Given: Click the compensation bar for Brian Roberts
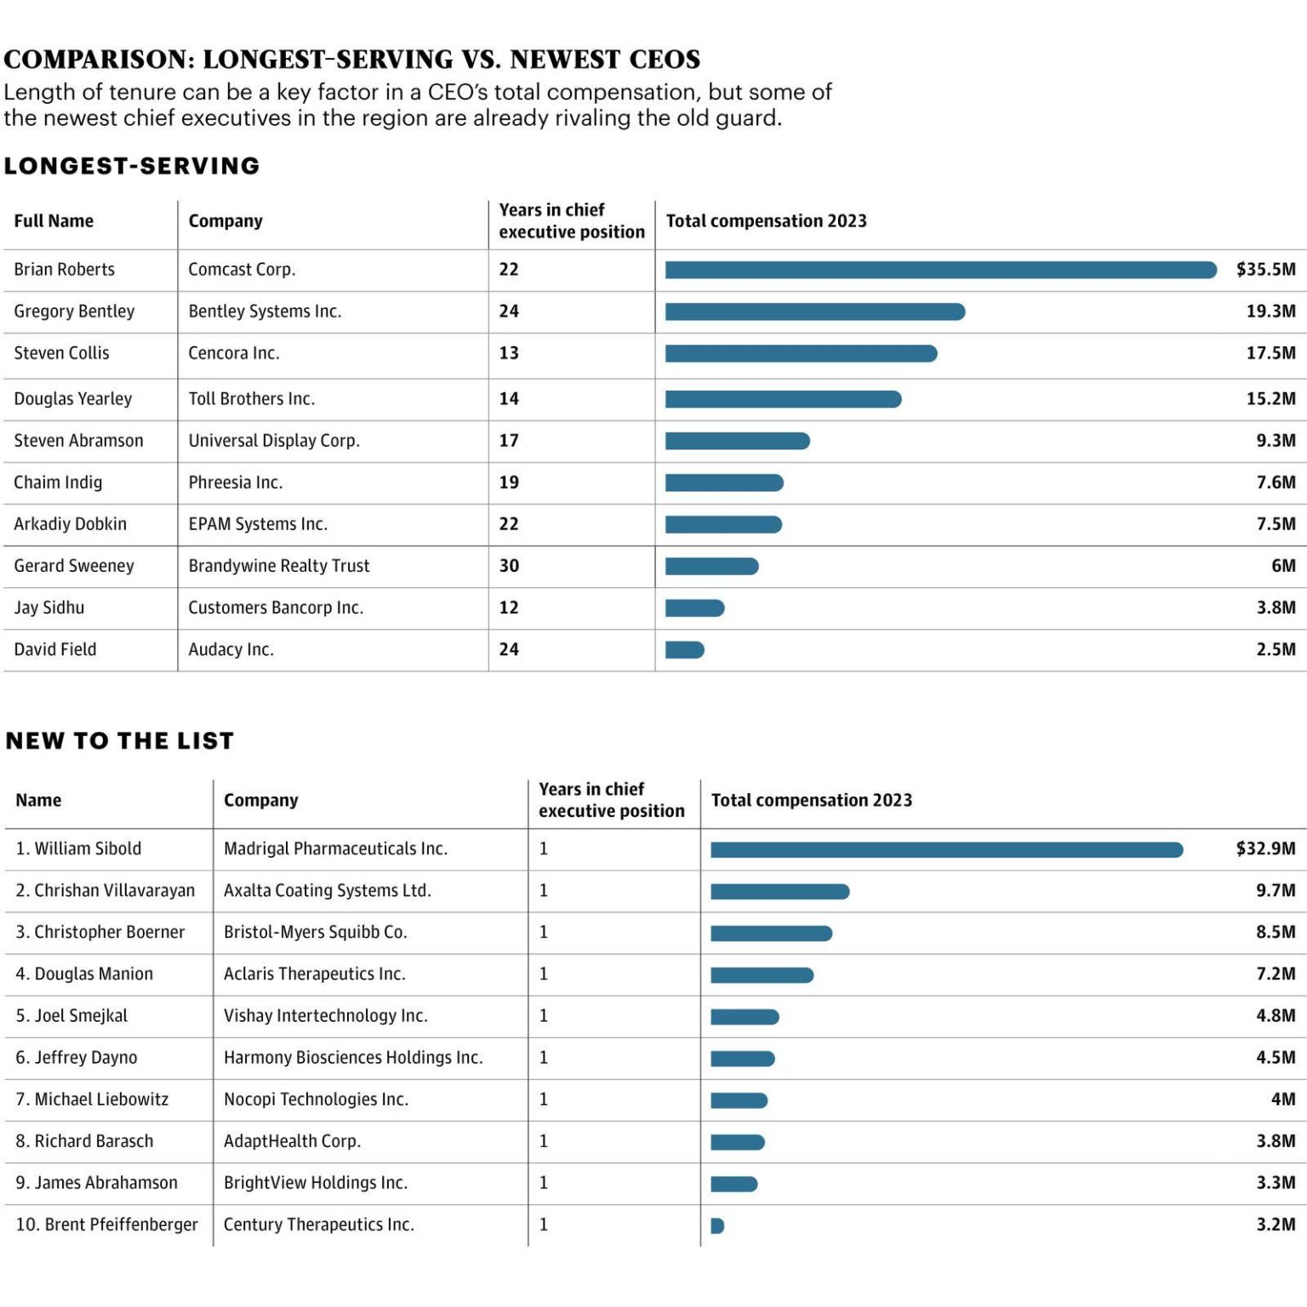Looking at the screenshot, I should coord(940,270).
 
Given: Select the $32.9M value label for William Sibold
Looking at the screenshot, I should coord(1265,848).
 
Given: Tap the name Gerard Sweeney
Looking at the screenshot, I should coord(74,566).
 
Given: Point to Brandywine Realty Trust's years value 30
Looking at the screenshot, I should coord(509,566).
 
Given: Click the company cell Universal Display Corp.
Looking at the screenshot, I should coord(274,441).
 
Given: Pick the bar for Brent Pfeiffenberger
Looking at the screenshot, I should coord(717,1225).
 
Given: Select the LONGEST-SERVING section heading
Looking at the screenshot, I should coord(132,166).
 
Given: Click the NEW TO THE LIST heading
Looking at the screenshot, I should coord(120,741).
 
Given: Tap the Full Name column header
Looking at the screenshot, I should coord(54,221).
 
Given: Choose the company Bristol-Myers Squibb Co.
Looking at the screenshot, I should coord(315,933).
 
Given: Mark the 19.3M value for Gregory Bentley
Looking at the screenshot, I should coord(1270,311).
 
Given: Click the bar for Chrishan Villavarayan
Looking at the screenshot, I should coord(779,892).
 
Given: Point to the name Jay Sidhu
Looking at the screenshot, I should coord(49,608).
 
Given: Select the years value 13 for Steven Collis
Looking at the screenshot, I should coord(509,353).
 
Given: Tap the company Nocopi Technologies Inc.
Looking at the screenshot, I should coord(316,1099).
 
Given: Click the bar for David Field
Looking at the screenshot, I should coord(684,650).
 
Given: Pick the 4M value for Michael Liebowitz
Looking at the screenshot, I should coord(1283,1099).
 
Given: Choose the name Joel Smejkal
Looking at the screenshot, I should coord(81,1016).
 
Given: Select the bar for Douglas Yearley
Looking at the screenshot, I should coord(783,399).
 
